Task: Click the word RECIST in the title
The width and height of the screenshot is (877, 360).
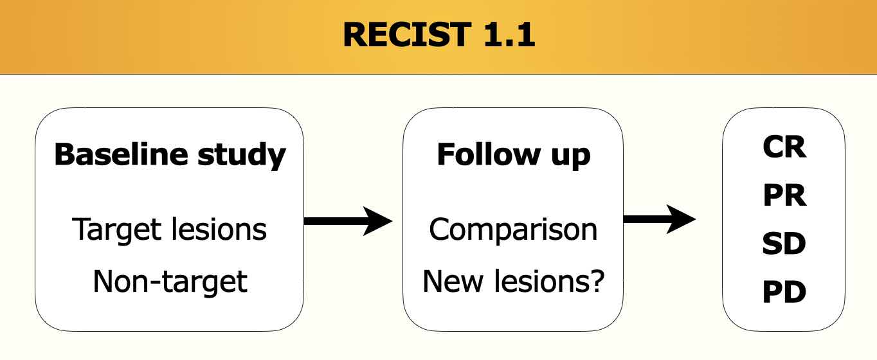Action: tap(407, 35)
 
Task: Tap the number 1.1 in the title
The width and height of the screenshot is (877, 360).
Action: tap(510, 35)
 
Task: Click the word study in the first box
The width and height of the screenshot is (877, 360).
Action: tap(242, 156)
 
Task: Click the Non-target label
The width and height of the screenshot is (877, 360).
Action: tap(170, 282)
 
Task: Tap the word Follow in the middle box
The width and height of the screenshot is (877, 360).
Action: tap(488, 154)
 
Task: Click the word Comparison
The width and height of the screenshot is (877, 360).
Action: tap(513, 230)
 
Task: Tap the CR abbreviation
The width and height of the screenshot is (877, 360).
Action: tap(784, 147)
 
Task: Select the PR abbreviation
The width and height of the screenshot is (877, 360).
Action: tap(784, 195)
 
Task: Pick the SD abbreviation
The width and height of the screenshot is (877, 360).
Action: tap(784, 244)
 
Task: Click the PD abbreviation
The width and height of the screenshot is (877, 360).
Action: tap(784, 292)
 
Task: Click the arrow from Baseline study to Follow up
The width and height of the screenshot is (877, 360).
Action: tap(348, 221)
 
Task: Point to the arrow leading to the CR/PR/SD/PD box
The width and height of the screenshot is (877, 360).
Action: tap(659, 219)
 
